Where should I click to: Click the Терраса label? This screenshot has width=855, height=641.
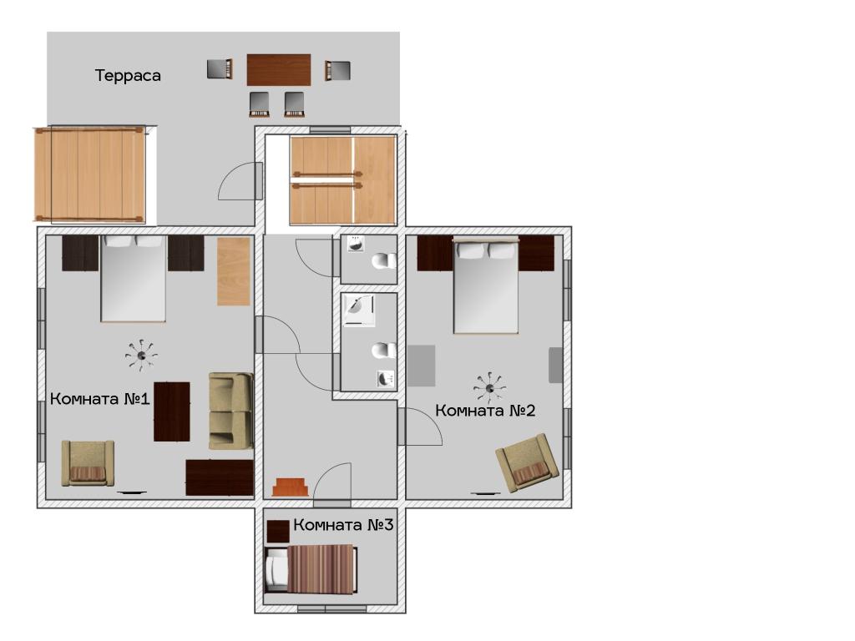(128, 75)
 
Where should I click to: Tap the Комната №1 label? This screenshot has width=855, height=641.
(100, 398)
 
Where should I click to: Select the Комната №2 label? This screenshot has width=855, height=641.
(485, 410)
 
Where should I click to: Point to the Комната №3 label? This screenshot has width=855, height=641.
(343, 525)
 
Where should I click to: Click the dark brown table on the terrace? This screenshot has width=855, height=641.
(279, 70)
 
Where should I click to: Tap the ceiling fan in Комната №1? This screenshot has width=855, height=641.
(141, 356)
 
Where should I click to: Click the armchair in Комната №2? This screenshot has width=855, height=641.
(528, 463)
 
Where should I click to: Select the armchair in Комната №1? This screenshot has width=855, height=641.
(88, 463)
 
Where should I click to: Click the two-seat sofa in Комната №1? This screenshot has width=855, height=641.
(230, 411)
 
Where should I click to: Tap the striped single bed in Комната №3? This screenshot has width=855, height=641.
(311, 569)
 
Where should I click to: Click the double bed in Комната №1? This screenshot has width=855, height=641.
(133, 279)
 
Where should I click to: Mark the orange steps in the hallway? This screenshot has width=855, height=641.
(290, 487)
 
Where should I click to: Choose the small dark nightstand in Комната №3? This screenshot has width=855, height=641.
(278, 531)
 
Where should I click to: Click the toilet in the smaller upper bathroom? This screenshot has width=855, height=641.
(384, 261)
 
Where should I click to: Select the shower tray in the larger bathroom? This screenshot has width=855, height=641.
(359, 310)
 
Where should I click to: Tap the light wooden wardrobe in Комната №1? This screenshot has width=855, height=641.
(234, 271)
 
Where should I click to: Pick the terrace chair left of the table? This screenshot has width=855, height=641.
(220, 69)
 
